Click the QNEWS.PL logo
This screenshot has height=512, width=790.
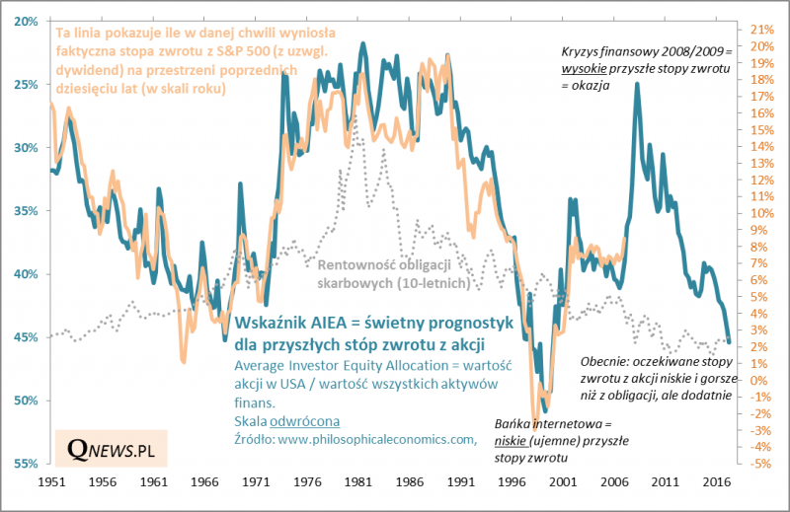pos(112,449)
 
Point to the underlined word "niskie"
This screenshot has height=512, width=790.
pos(528,443)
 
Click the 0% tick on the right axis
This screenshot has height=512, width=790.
pos(758,380)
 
